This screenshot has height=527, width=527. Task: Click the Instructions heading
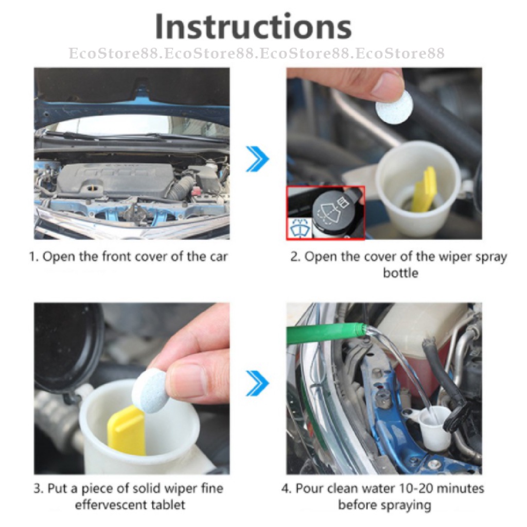click(x=253, y=27)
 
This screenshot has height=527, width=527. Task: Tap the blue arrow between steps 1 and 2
click(x=257, y=159)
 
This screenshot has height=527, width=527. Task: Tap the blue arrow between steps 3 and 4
click(x=257, y=383)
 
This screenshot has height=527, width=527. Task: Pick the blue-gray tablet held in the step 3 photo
click(x=151, y=390)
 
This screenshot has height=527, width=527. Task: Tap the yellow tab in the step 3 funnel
click(x=126, y=430)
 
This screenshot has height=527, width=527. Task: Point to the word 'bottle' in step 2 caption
click(x=400, y=273)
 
